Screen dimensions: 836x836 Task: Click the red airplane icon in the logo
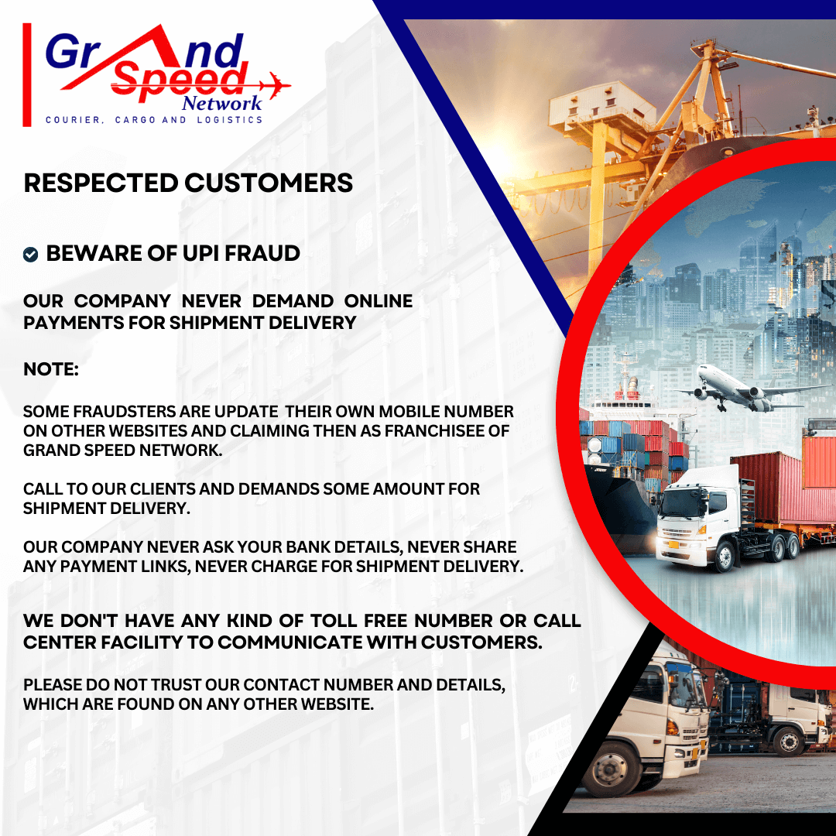276,86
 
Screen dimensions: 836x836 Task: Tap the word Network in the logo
222,103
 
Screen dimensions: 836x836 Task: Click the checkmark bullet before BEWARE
30,255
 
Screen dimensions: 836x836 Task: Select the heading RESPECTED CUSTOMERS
188,183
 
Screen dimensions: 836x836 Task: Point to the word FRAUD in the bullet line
262,253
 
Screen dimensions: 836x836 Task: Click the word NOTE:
51,369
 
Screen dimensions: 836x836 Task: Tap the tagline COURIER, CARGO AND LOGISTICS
154,120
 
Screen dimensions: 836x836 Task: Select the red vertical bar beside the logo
27,74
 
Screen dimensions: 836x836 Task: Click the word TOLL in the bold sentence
334,621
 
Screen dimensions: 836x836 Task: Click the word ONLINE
379,301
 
